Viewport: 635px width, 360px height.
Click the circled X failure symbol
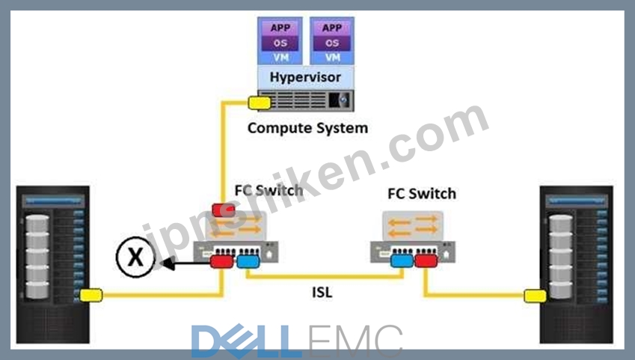(x=135, y=257)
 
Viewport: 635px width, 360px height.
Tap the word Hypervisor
(x=305, y=77)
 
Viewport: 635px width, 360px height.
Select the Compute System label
(x=308, y=128)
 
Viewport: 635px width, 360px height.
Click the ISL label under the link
(x=322, y=292)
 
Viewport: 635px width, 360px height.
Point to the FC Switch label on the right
(x=422, y=194)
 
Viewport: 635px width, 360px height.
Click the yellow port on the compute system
(x=260, y=103)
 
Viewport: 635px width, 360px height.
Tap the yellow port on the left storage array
(x=91, y=295)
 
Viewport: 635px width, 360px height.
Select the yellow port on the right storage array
(x=536, y=296)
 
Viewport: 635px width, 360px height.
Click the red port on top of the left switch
(x=224, y=210)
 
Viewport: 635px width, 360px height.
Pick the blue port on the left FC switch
(x=248, y=261)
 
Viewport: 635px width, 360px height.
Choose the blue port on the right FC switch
(x=402, y=260)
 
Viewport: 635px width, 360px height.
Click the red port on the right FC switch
(x=426, y=260)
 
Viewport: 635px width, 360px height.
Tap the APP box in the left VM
(x=280, y=28)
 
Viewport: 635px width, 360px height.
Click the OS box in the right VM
(x=332, y=43)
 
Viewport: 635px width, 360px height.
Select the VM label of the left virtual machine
(x=280, y=58)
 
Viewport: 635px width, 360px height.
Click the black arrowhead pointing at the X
(x=168, y=264)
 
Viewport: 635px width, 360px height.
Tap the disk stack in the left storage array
(x=37, y=257)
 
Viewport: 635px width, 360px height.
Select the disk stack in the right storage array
(x=561, y=257)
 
